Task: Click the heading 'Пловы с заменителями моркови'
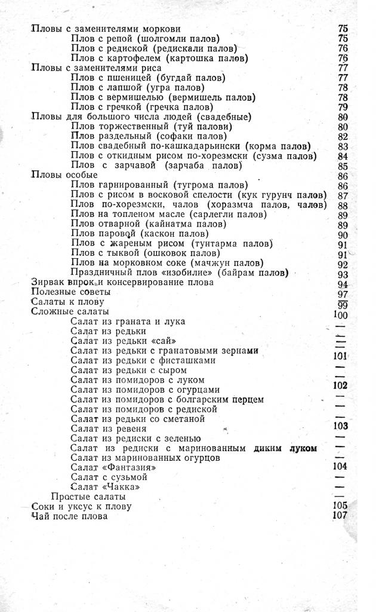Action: tap(106, 28)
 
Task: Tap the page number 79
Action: tap(343, 107)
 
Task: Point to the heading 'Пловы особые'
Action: tap(64, 175)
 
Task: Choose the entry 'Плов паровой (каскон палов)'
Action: tap(152, 234)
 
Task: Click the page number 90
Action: tap(343, 235)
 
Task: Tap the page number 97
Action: tap(343, 294)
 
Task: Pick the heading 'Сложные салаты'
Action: tap(69, 311)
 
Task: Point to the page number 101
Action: tap(341, 356)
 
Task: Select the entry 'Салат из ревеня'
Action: tap(108, 429)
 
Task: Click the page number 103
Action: tap(341, 426)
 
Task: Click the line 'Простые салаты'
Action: tap(88, 497)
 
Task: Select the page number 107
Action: tap(341, 516)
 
